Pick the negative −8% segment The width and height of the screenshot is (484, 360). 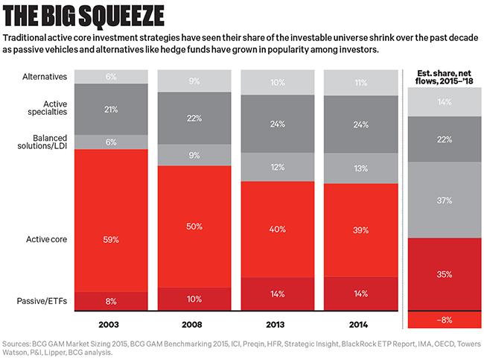pyautogui.click(x=444, y=320)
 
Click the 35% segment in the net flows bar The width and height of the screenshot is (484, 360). pyautogui.click(x=444, y=274)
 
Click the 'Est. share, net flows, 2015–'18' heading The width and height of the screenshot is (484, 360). pyautogui.click(x=444, y=78)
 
